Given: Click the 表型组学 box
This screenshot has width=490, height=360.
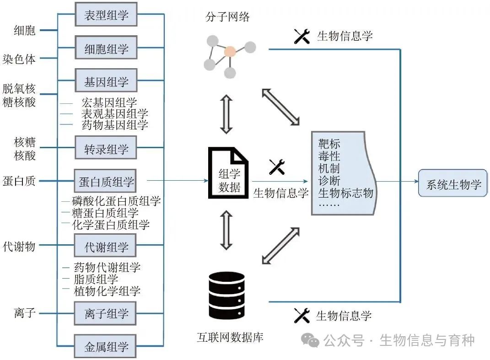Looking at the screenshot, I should [106, 16].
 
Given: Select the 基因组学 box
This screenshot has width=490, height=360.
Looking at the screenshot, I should [106, 82].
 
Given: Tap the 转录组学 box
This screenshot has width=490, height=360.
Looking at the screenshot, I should [106, 149].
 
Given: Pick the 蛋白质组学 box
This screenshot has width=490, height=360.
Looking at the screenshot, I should [106, 182].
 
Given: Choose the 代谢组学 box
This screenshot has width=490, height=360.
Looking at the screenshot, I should [106, 247].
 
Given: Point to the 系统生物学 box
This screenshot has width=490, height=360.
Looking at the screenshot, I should [453, 184].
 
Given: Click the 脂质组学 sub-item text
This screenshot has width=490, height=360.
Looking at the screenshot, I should [96, 279].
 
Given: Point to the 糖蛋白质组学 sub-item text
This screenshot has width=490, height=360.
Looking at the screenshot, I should [105, 213].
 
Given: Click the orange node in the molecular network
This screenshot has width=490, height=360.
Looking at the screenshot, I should [230, 51].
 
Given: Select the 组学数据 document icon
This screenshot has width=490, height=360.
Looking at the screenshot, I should [227, 172].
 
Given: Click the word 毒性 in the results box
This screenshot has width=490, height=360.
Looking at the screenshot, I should [329, 156].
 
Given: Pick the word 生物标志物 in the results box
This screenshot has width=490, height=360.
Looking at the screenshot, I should [345, 192].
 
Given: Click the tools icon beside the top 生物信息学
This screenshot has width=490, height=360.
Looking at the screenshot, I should [302, 37].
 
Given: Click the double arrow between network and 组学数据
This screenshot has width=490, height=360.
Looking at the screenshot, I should [226, 114].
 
